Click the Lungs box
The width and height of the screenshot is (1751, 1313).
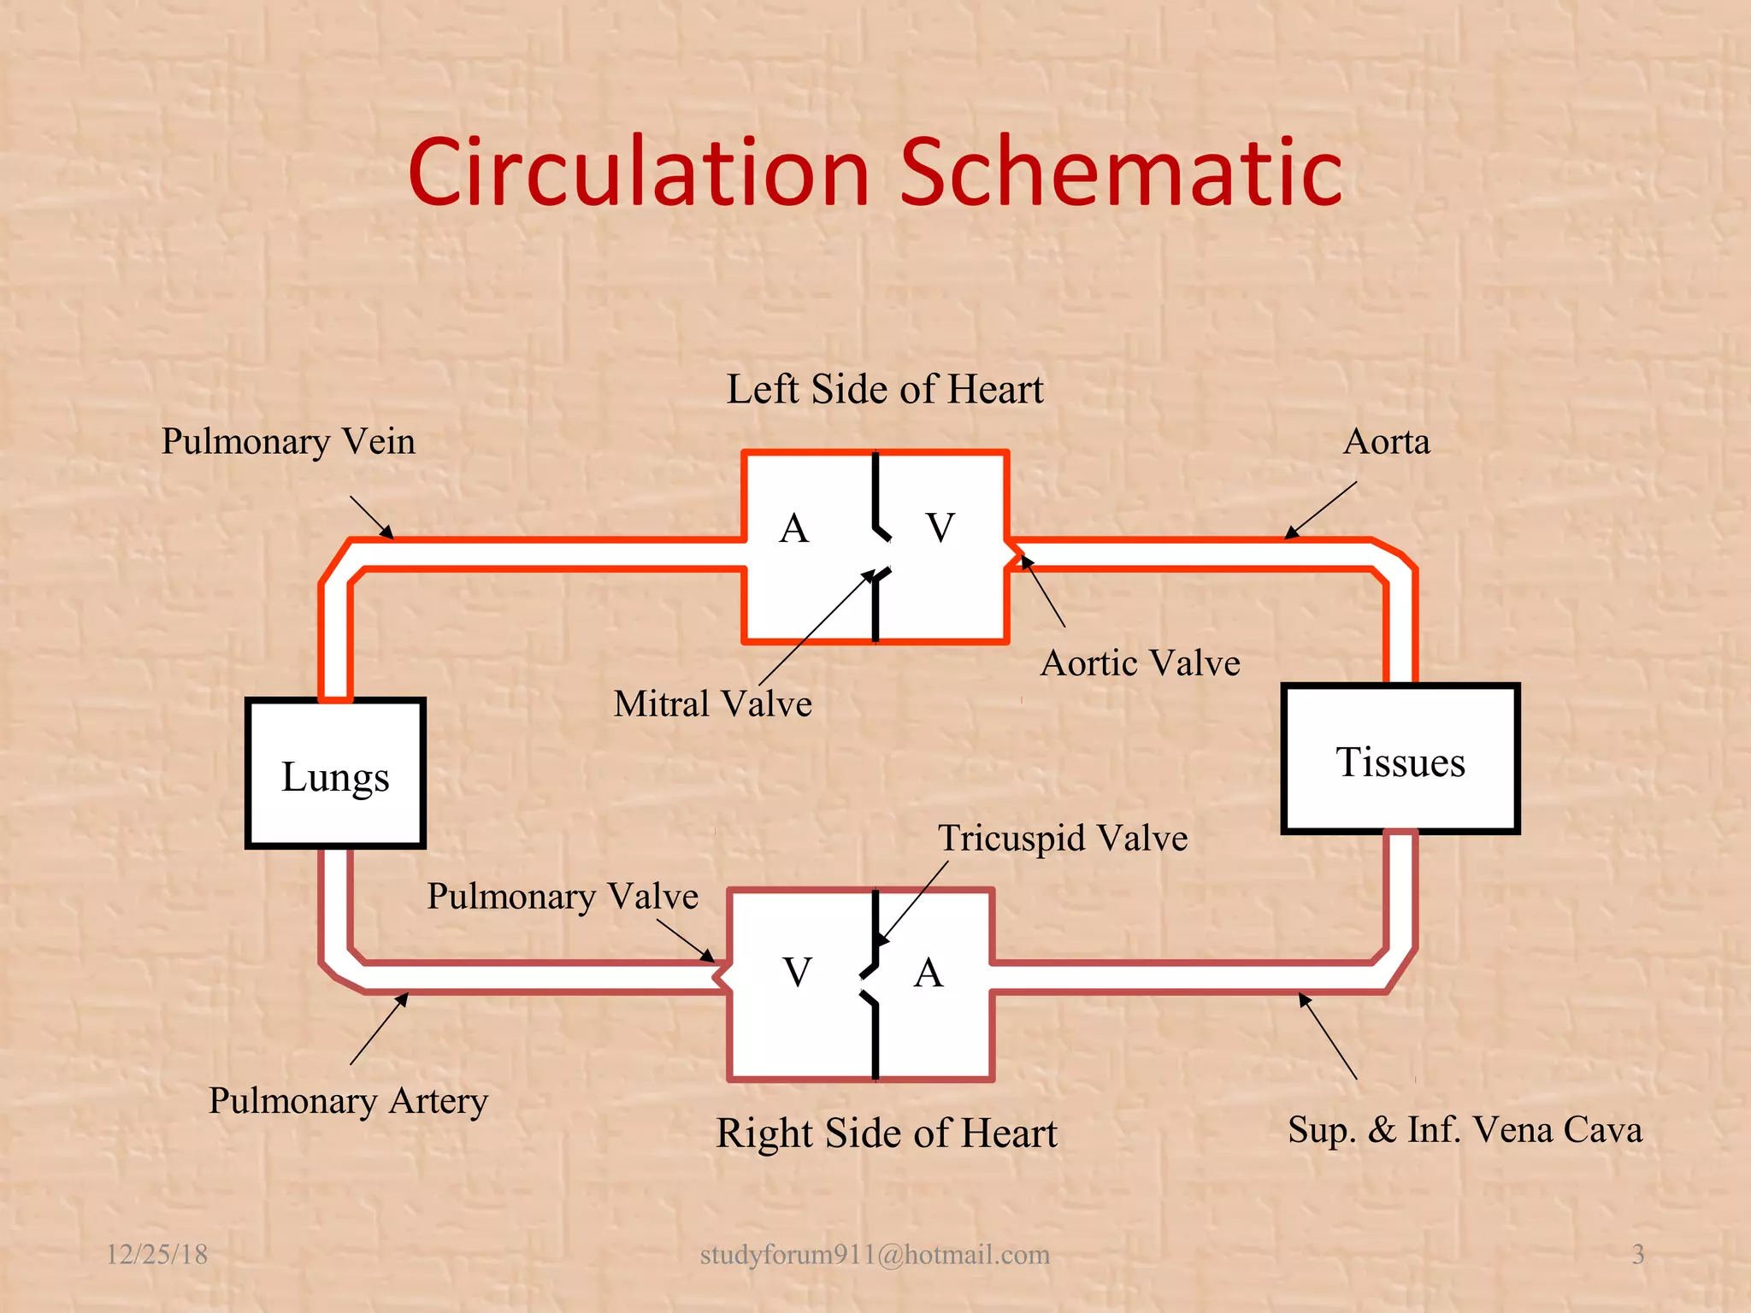tap(335, 774)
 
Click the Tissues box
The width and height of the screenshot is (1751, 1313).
tap(1400, 760)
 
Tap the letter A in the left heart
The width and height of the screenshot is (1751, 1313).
tap(794, 528)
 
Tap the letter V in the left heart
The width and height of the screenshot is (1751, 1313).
tap(940, 527)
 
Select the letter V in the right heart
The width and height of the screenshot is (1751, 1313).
tap(797, 973)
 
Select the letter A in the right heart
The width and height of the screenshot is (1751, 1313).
tap(929, 973)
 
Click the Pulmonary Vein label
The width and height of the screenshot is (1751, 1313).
tap(288, 442)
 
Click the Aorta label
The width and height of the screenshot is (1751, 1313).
tap(1386, 442)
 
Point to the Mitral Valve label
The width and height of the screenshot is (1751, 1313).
tap(712, 704)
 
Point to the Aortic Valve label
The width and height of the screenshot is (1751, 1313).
tap(1140, 663)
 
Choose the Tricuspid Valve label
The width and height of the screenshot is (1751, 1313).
tap(1063, 839)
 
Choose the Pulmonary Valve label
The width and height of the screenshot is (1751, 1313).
tap(563, 897)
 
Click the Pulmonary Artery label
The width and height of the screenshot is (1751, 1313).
tap(348, 1101)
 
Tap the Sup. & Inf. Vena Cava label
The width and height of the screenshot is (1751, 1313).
tap(1465, 1130)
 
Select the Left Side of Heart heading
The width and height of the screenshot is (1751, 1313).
tap(885, 390)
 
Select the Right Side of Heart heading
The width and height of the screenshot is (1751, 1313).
tap(887, 1133)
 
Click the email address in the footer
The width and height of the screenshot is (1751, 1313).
tap(875, 1254)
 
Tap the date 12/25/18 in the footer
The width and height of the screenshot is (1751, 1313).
tap(156, 1254)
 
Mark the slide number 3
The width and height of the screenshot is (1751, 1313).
tap(1637, 1254)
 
